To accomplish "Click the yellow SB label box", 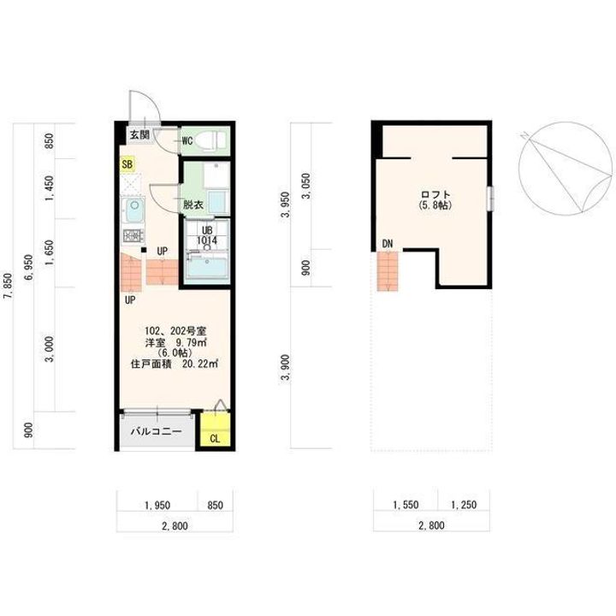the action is point(127,163).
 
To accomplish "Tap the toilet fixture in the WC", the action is point(210,140).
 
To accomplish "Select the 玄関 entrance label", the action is point(139,135).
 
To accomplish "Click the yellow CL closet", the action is point(215,429).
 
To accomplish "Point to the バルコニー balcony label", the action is point(157,432).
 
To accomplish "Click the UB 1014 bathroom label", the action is point(207,235).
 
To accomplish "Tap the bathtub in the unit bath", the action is point(207,268).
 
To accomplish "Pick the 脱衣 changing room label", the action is point(193,204).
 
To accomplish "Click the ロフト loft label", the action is point(435,194).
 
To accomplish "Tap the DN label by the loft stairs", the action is point(388,244).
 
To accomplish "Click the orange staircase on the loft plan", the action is point(388,271).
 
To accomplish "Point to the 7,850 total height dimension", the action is point(8,286).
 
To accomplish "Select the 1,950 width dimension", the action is point(157,505).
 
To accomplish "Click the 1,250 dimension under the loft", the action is point(464,505).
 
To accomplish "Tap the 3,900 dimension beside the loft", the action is point(286,367).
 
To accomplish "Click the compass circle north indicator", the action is point(566,169).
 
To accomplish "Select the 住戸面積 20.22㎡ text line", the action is point(175,364).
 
